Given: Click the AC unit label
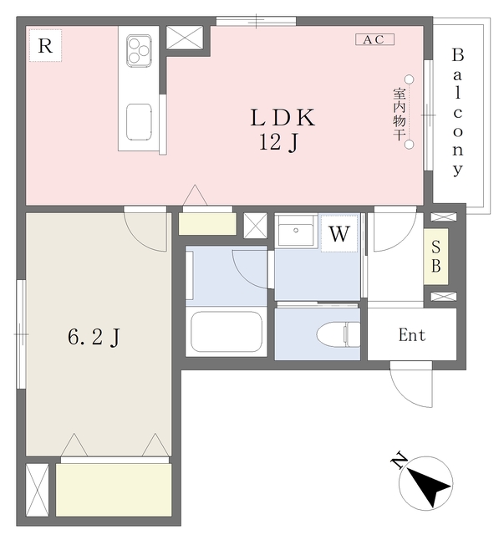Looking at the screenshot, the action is coord(374,39).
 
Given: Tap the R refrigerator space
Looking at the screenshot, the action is coord(45,45).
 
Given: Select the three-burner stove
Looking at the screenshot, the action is coord(139,50).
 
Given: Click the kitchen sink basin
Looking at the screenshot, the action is coord(139,122).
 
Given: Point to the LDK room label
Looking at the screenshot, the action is coord(283,118).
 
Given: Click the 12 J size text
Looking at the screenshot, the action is coord(278,142).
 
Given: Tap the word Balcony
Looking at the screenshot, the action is coord(458,113).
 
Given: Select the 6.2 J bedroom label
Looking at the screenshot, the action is coord(94,337).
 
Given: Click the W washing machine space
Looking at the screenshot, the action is coord(339,233).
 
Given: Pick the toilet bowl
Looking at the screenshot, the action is coord(339,334).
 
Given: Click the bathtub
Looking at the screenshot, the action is coord(227,331).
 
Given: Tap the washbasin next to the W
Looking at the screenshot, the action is coord(296,231).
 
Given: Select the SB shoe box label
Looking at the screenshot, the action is coord(435,257).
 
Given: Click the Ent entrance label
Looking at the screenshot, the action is coord(412,335).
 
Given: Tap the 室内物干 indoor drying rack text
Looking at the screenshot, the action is coord(399,115).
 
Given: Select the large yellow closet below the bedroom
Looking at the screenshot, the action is coord(114,490).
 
